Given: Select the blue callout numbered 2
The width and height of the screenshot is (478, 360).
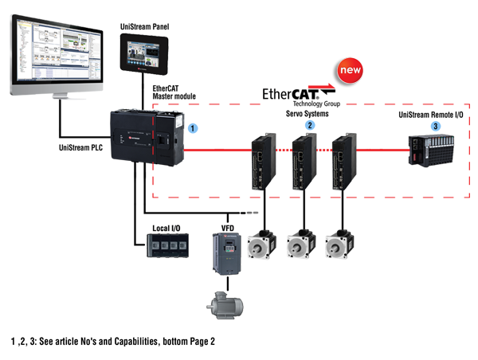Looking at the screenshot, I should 309,124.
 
